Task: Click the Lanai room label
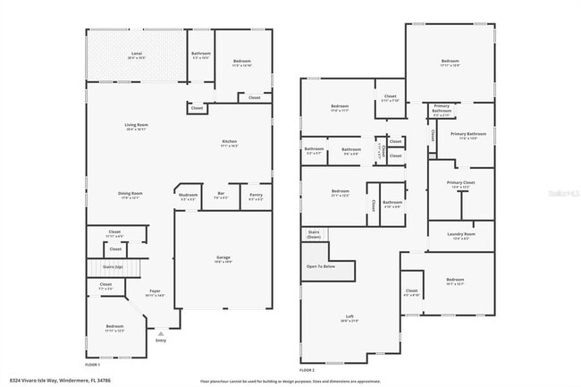click(x=137, y=55)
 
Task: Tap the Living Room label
click(x=136, y=126)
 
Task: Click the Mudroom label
click(x=188, y=195)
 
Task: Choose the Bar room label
click(x=220, y=195)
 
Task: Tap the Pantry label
click(x=256, y=195)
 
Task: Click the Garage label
click(x=223, y=258)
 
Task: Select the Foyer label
click(x=154, y=291)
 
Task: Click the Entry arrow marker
click(x=161, y=332)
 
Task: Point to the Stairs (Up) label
click(x=113, y=266)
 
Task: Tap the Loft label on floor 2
click(x=350, y=316)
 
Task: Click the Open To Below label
click(x=321, y=266)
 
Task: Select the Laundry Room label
click(x=461, y=235)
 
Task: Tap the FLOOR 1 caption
click(x=92, y=365)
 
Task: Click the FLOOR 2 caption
click(x=307, y=369)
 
